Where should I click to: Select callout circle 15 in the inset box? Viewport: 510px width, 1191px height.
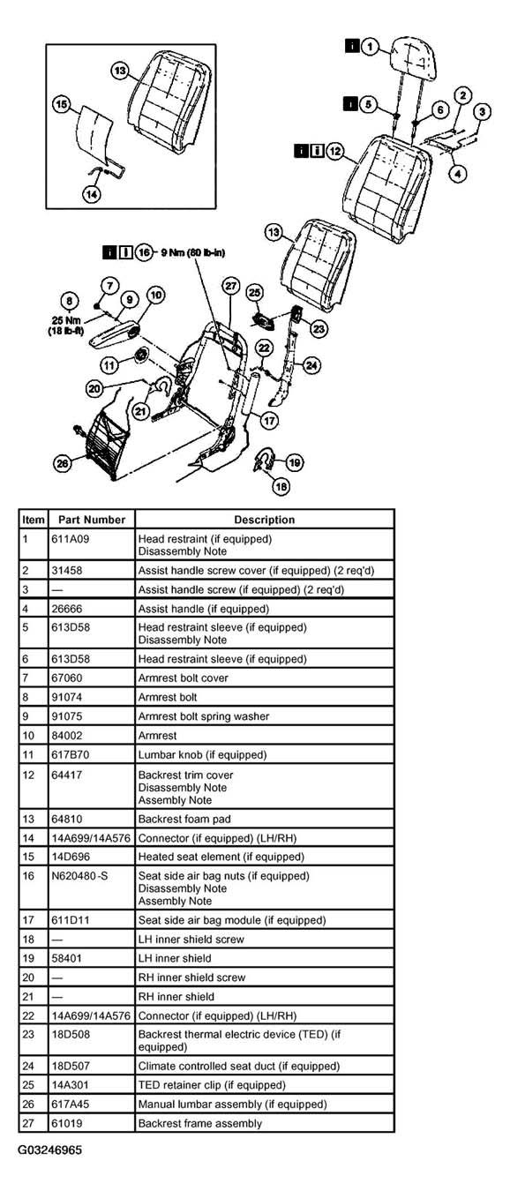(x=62, y=104)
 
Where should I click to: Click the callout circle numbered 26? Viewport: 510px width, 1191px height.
(x=63, y=464)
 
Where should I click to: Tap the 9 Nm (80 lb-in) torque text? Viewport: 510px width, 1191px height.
(x=192, y=252)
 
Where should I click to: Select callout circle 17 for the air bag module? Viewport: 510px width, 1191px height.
(x=270, y=421)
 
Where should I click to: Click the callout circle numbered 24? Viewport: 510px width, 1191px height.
(x=311, y=365)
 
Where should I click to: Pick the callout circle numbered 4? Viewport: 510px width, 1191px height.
(x=458, y=173)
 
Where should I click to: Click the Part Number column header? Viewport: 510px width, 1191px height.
(x=92, y=520)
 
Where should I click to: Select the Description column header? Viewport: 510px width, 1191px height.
(x=265, y=520)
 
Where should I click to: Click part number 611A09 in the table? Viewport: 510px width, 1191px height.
(x=71, y=539)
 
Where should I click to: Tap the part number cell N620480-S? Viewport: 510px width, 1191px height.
(x=79, y=875)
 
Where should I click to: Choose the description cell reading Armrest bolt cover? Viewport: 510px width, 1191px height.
(x=183, y=678)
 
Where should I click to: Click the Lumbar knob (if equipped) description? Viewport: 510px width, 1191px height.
(x=202, y=755)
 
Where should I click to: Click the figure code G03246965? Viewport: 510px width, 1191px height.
(x=50, y=1150)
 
